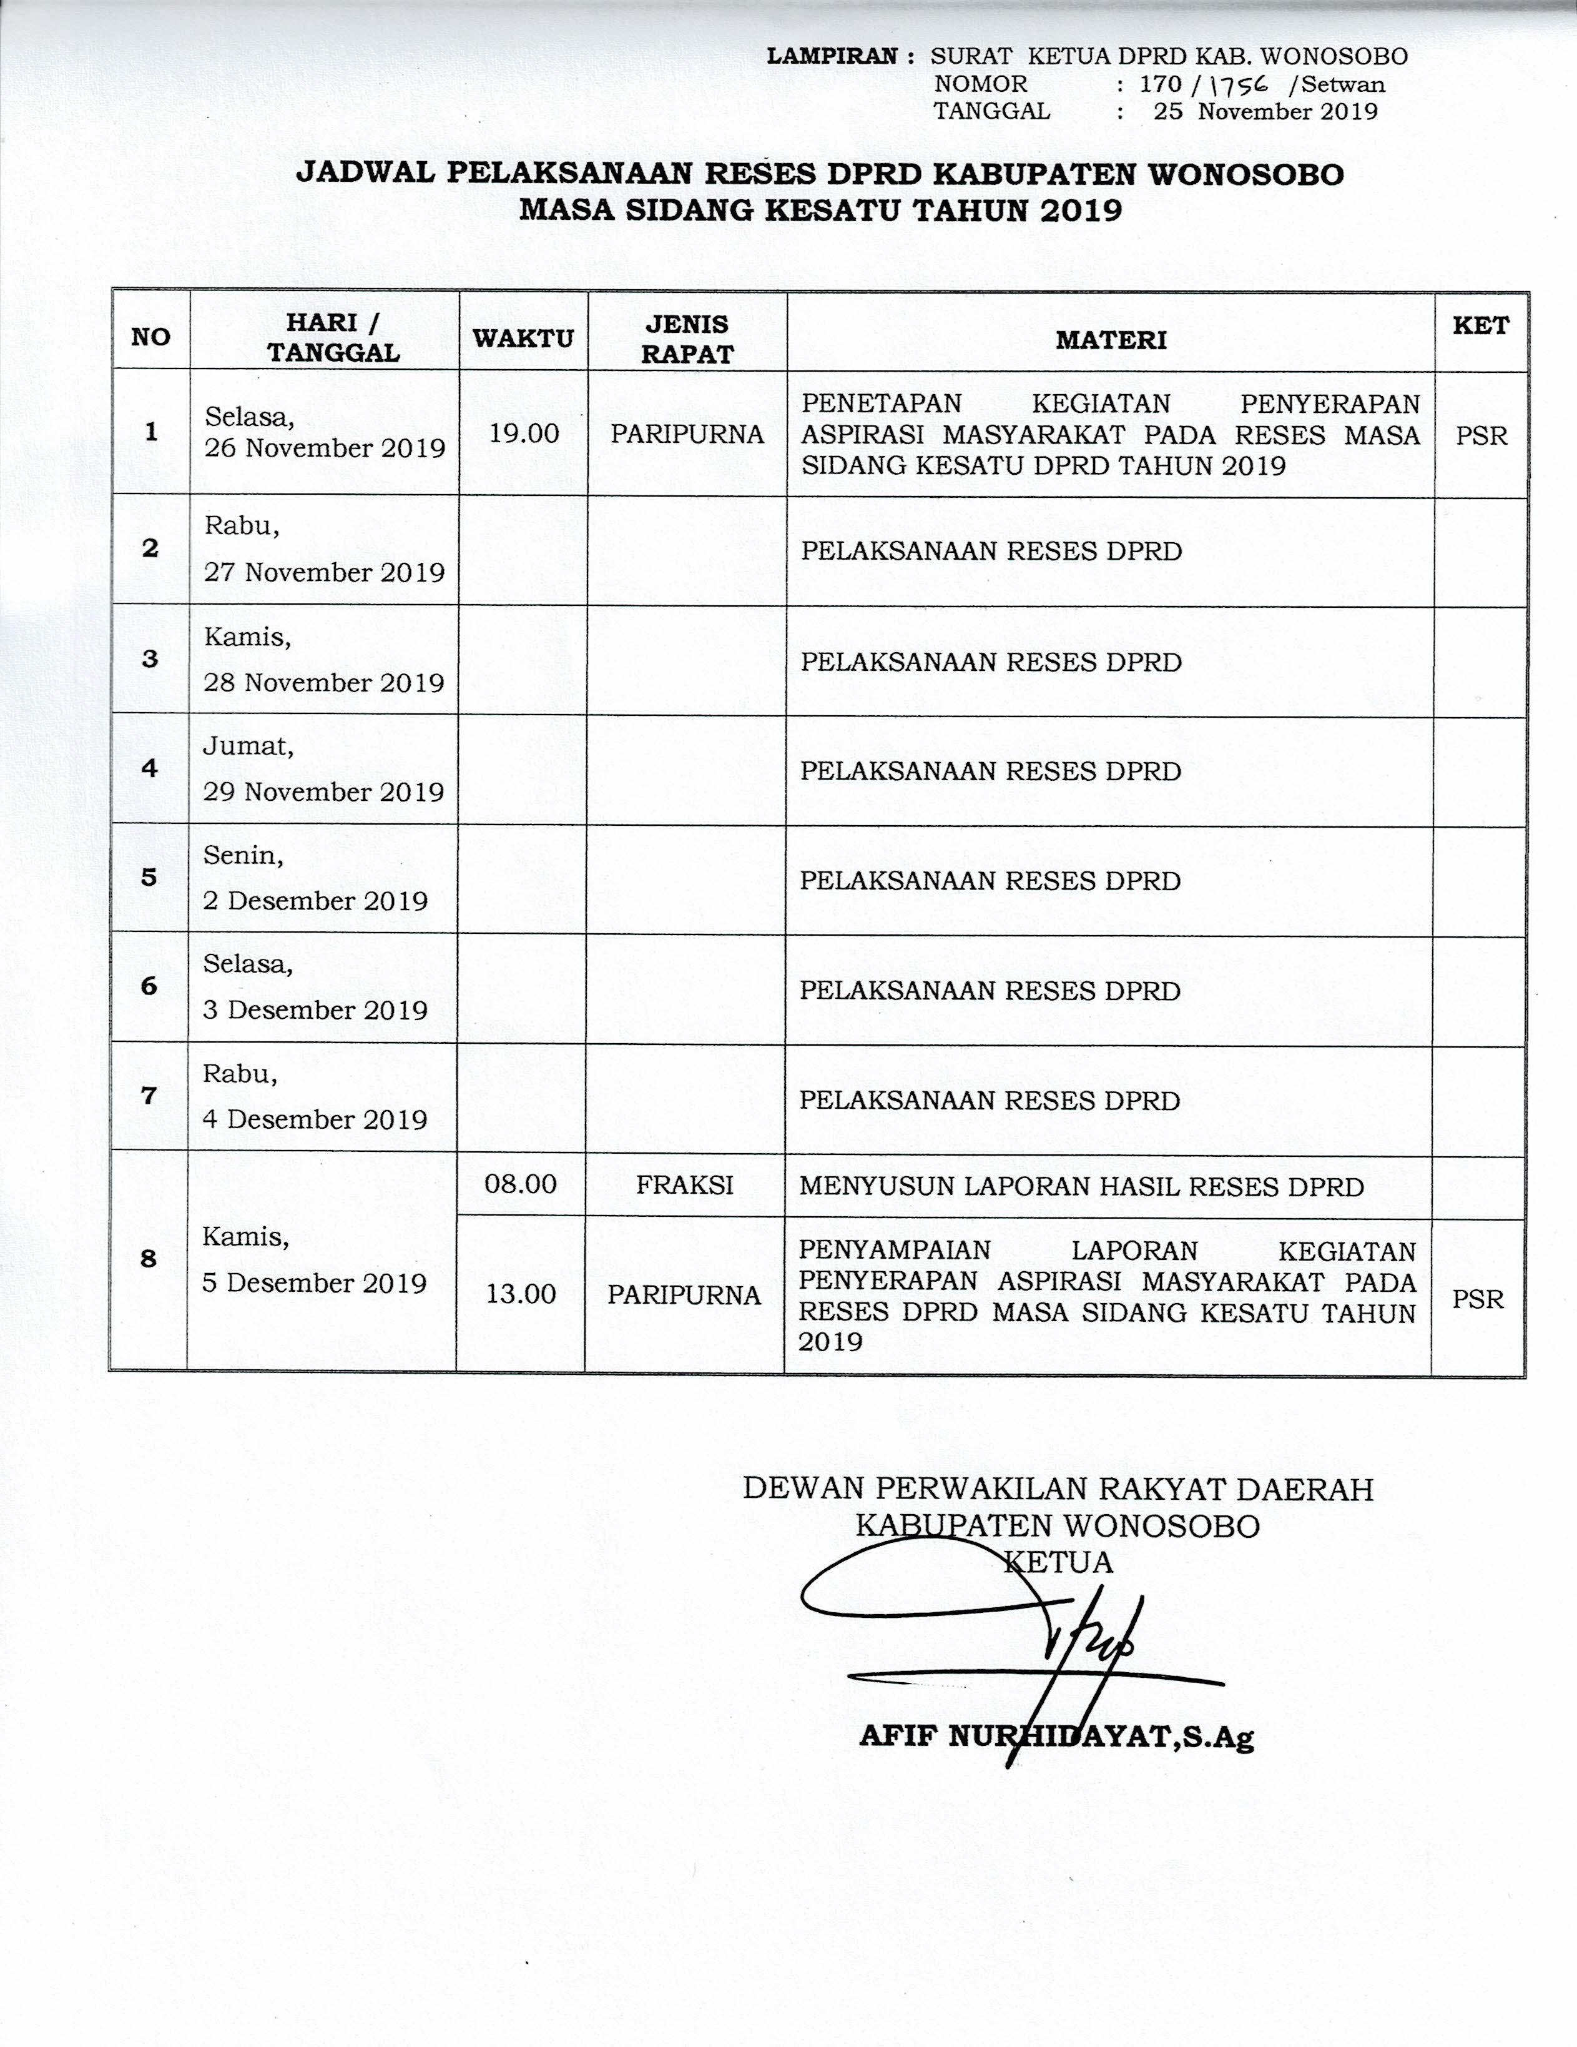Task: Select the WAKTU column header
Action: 523,339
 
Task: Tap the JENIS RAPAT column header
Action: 687,339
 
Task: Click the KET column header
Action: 1480,325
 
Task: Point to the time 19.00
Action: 524,433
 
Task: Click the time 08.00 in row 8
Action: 521,1184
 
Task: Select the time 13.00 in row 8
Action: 521,1294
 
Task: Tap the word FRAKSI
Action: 684,1185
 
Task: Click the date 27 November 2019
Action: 324,572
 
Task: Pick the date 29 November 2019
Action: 323,792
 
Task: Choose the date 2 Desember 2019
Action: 315,901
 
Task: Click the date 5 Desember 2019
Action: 314,1282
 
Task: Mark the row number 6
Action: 149,985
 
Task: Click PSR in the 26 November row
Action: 1481,436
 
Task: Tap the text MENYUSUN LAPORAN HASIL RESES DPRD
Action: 1081,1187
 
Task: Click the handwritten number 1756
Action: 1238,84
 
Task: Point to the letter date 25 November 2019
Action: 1265,112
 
